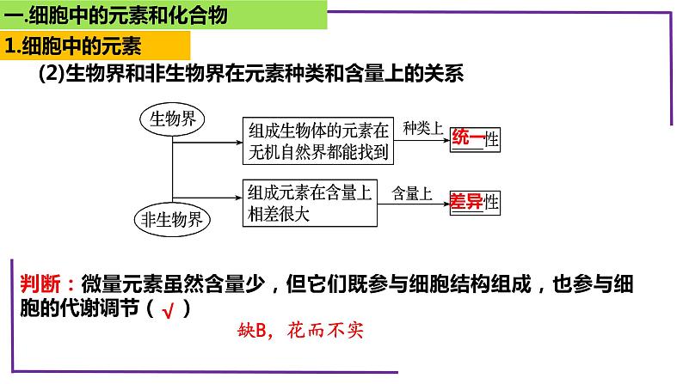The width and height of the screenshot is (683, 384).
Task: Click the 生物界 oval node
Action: [173, 118]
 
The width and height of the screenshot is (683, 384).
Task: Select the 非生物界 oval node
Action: [172, 220]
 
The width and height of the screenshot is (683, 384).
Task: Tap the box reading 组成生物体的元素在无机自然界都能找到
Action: [319, 141]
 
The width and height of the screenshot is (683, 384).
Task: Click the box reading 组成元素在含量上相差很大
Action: [307, 203]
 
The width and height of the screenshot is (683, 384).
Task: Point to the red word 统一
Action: [467, 139]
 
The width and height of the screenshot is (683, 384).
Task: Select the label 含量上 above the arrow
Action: [412, 193]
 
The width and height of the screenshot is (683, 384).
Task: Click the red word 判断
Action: [42, 283]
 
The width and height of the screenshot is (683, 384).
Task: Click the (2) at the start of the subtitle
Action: [52, 75]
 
